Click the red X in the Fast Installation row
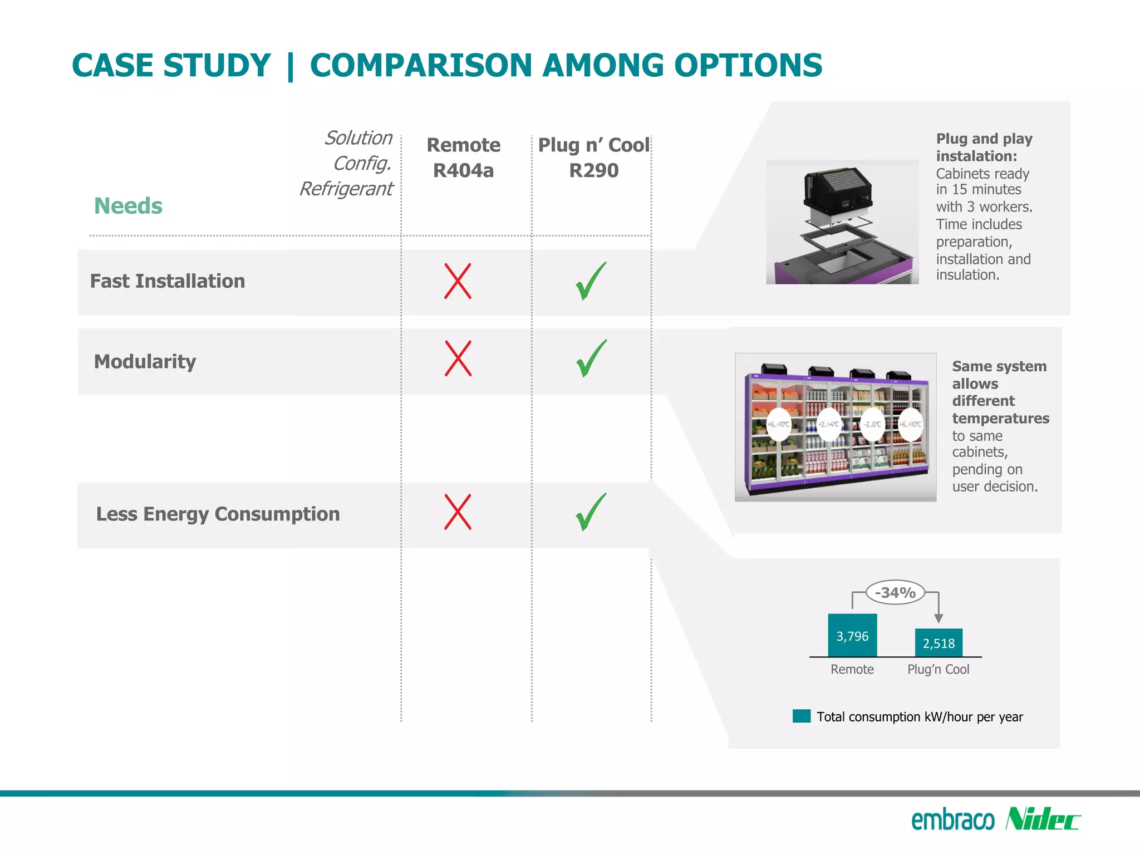(x=458, y=281)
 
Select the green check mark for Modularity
(x=591, y=358)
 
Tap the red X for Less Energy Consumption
(x=458, y=512)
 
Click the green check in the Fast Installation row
(x=591, y=281)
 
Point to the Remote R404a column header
(x=463, y=158)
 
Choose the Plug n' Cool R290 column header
(x=593, y=158)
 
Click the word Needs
(x=128, y=206)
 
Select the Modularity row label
(x=145, y=362)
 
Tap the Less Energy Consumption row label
(x=218, y=514)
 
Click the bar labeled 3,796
(x=852, y=635)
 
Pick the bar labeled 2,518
(x=938, y=643)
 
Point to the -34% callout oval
(x=895, y=592)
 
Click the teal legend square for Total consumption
(x=802, y=716)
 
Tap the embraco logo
(x=952, y=820)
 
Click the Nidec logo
(x=1043, y=819)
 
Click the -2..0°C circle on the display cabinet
(x=872, y=424)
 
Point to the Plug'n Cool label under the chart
(x=938, y=669)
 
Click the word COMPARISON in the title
(x=421, y=66)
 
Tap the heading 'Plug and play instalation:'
(x=984, y=147)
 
